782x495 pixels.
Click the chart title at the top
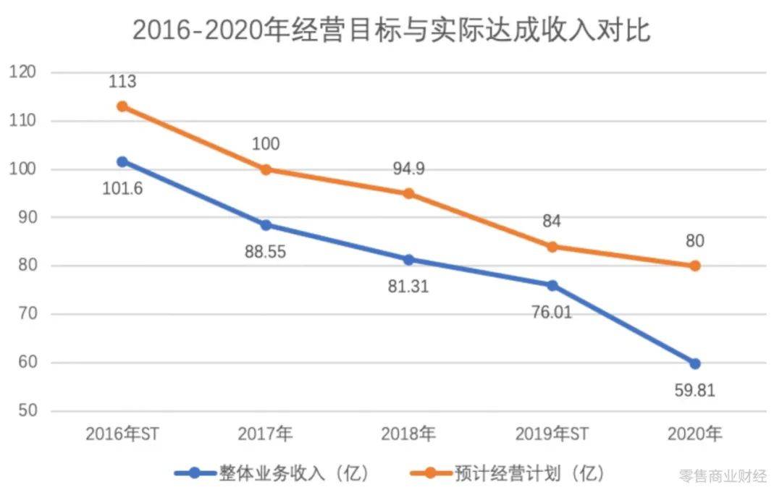click(x=391, y=30)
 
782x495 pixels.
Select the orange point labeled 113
click(x=122, y=106)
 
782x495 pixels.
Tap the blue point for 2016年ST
click(x=122, y=162)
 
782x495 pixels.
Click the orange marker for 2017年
click(x=266, y=169)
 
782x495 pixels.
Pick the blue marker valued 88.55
click(x=266, y=225)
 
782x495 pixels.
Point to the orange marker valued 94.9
click(x=409, y=193)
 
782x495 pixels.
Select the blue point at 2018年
click(x=409, y=260)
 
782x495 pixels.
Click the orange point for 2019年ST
click(x=552, y=246)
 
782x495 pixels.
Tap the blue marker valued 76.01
click(x=552, y=285)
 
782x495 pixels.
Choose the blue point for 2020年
click(x=695, y=363)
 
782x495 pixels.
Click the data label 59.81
click(x=695, y=391)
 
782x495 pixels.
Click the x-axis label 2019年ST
click(x=552, y=434)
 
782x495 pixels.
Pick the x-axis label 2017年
click(x=266, y=434)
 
